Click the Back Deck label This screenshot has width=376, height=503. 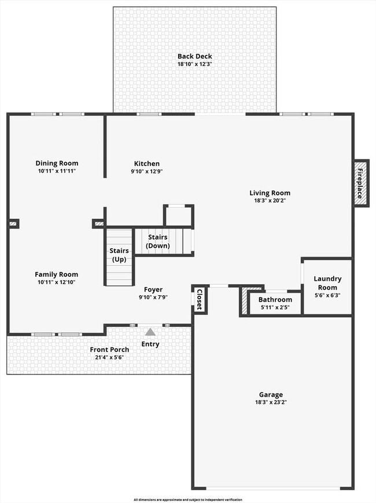(194, 56)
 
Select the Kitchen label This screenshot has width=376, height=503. (147, 164)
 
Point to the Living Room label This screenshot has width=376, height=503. (270, 193)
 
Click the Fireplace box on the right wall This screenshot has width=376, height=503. (361, 182)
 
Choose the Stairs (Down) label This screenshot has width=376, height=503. (158, 241)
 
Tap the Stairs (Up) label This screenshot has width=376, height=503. (119, 255)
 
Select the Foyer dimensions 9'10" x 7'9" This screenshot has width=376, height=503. (153, 298)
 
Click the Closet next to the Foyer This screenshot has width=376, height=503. (200, 299)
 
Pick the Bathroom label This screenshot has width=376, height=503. (275, 299)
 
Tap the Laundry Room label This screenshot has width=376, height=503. (327, 283)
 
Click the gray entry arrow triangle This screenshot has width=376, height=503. (150, 332)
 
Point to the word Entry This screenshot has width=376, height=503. (150, 344)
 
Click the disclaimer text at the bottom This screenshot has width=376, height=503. (188, 500)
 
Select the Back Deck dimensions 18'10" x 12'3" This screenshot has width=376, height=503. (194, 64)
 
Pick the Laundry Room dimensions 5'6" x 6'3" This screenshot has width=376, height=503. (327, 295)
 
